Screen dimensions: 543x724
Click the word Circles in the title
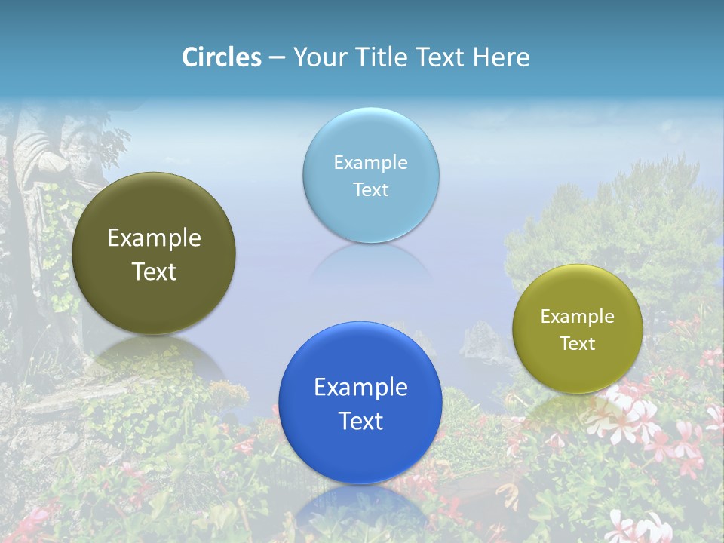pos(222,57)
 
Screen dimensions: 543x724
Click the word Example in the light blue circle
pos(371,163)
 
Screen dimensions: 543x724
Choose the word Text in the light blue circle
pos(371,190)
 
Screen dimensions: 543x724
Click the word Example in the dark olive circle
pos(154,238)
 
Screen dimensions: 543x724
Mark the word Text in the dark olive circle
pos(154,272)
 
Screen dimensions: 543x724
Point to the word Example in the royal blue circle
pos(360,388)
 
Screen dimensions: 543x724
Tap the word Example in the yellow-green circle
pos(578,317)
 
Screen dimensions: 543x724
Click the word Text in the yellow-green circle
pos(578,344)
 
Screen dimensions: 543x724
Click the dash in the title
pos(277,57)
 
